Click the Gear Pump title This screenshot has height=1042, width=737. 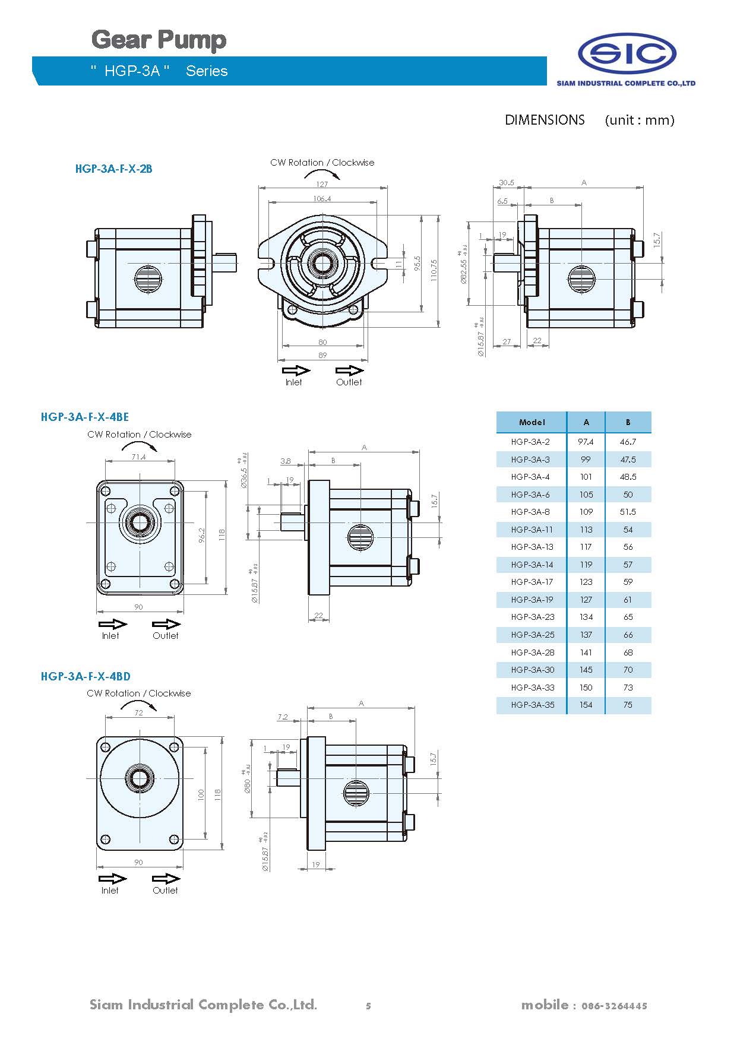[x=159, y=40]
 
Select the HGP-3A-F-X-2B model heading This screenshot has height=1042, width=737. [x=113, y=169]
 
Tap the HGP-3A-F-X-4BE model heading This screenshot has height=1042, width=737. [x=84, y=417]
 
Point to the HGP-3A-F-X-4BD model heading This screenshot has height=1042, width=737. [x=86, y=676]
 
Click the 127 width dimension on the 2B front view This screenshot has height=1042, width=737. [x=321, y=184]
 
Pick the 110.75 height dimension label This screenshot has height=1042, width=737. [x=434, y=270]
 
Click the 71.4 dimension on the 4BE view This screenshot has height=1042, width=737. [x=138, y=457]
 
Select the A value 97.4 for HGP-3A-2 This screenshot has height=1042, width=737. [x=586, y=442]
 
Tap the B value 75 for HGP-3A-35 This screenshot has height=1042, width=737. [x=628, y=705]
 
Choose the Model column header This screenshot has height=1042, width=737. [x=532, y=422]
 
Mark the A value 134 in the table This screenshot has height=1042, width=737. [x=586, y=617]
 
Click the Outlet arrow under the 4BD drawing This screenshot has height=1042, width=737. [x=166, y=879]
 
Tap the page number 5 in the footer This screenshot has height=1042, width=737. [x=368, y=1006]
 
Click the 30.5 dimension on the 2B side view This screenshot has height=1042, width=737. [x=507, y=183]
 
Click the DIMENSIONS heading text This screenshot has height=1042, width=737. [x=545, y=120]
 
